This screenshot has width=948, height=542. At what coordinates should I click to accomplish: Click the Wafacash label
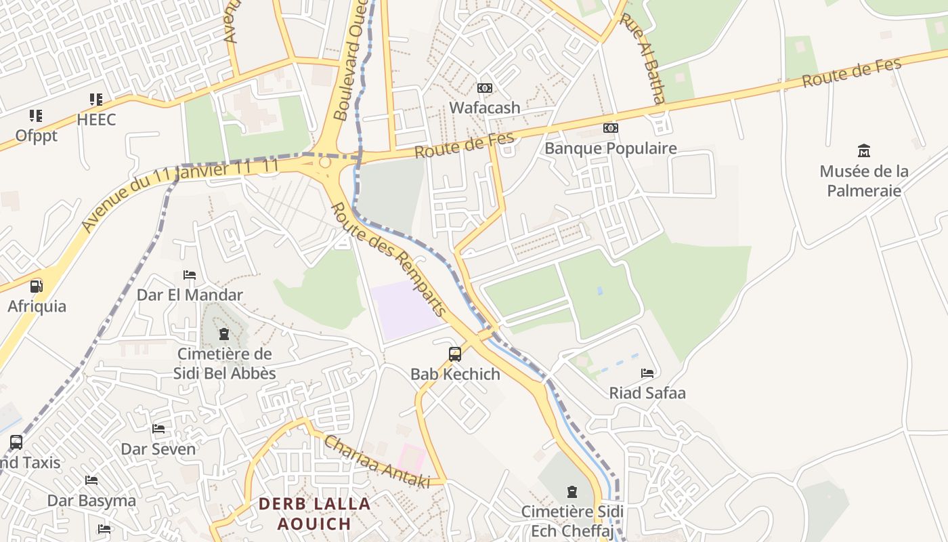point(485,108)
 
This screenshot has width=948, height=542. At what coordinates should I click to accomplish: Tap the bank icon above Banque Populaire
point(611,128)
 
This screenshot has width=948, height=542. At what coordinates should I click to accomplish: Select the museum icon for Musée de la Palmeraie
point(863,150)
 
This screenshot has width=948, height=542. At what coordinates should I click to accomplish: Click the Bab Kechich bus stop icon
point(455,354)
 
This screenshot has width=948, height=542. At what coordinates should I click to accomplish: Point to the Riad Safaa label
point(647,393)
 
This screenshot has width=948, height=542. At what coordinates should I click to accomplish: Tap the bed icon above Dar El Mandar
point(190,275)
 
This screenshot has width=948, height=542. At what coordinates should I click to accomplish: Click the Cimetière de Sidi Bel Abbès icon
point(224,334)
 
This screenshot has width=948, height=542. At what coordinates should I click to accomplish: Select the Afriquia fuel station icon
point(36,287)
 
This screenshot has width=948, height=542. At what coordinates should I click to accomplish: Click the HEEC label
point(96,120)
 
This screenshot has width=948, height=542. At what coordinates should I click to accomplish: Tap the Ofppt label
point(37,135)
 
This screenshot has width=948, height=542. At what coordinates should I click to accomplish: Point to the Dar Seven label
point(158,449)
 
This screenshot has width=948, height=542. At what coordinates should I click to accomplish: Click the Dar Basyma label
point(91,501)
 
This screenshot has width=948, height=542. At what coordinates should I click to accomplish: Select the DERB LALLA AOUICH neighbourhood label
point(315,514)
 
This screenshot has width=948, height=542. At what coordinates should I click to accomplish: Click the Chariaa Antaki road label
point(376,461)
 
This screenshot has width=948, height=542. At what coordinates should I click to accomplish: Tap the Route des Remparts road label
point(390,260)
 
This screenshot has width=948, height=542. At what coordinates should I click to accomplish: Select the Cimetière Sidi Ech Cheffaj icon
point(572,491)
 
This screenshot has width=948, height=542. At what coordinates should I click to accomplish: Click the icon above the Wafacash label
point(485,88)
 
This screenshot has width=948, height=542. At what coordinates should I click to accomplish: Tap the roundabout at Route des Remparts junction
point(325,163)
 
